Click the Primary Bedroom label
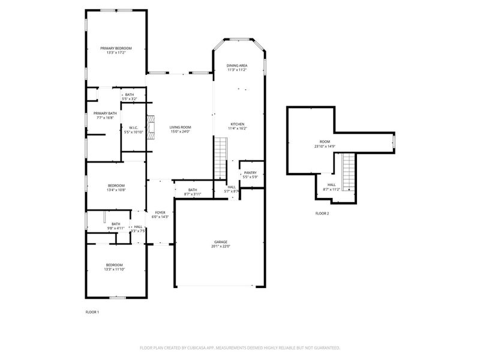[x=116, y=48]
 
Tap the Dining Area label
[x=237, y=65]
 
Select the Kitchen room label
[x=238, y=124]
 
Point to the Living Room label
[x=180, y=127]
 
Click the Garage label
[x=220, y=242]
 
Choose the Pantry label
[x=250, y=173]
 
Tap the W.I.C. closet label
[x=133, y=127]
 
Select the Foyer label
[x=160, y=212]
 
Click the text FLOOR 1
[x=92, y=312]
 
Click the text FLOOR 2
[x=322, y=213]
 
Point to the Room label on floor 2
[x=322, y=142]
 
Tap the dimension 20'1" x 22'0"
[x=220, y=246]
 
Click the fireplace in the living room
[x=152, y=128]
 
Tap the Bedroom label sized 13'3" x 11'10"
[x=115, y=265]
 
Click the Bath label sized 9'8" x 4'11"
[x=116, y=224]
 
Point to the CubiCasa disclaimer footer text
[x=240, y=347]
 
